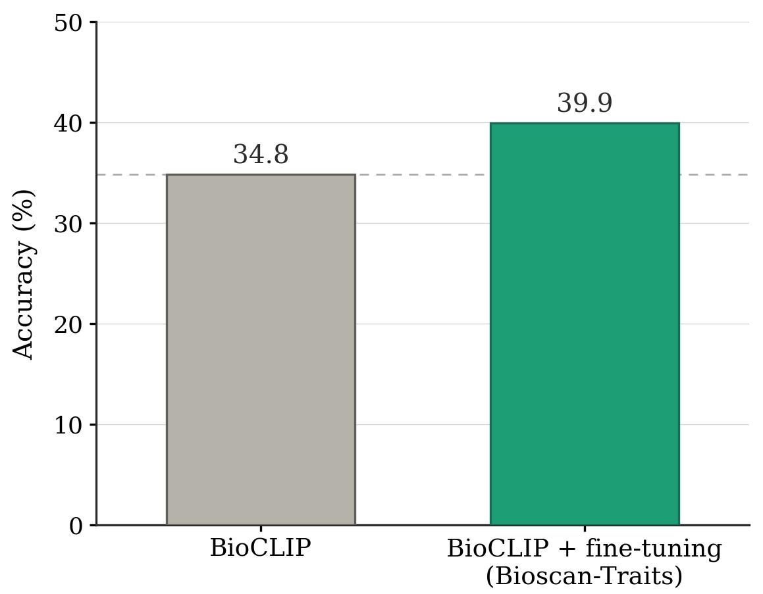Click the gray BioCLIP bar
point(261,349)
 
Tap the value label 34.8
point(261,155)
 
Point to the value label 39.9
point(585,104)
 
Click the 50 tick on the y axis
point(68,23)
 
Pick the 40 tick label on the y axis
point(68,124)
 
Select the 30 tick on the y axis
point(68,224)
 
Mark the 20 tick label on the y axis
point(68,325)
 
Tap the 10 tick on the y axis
point(68,426)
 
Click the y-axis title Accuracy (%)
point(24,274)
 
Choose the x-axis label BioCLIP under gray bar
point(261,548)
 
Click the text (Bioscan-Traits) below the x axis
point(585,576)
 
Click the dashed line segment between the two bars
point(423,175)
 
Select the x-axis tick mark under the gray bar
point(261,529)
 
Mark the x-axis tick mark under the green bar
point(585,529)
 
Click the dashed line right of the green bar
point(714,175)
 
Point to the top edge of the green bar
point(585,123)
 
